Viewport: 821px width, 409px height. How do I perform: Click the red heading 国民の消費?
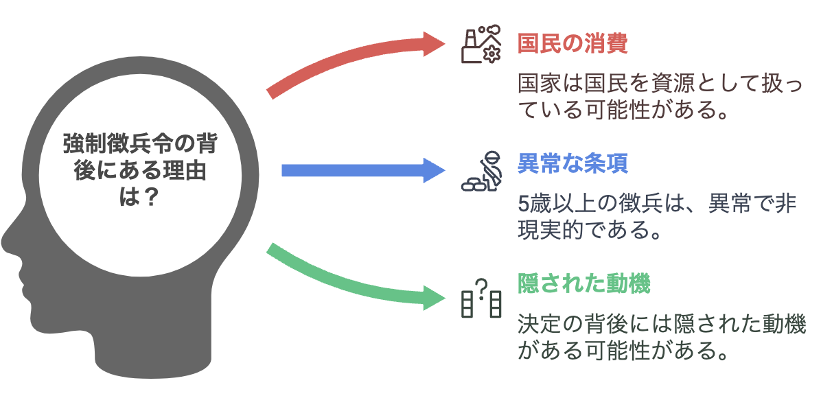573,44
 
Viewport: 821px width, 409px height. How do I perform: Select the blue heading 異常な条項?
573,163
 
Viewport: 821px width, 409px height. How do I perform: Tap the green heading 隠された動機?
583,284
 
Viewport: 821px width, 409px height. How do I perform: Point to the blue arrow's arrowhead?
435,170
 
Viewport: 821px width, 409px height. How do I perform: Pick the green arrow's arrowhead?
434,297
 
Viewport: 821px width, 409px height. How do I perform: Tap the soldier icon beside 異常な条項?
481,171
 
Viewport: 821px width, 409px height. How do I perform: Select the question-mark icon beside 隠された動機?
481,298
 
